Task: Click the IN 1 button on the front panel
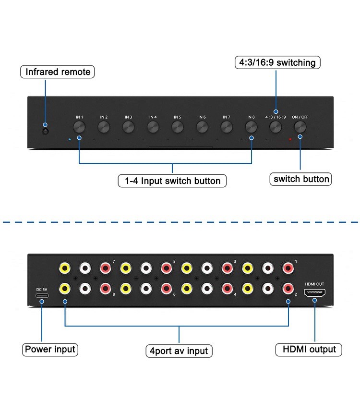click(x=79, y=127)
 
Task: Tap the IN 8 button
click(x=251, y=127)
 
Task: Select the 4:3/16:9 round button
click(x=276, y=127)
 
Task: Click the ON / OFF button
click(x=300, y=127)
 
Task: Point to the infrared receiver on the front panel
click(x=45, y=131)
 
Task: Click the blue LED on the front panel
click(x=70, y=140)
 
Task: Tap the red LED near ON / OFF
click(x=290, y=140)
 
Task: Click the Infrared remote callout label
click(x=58, y=72)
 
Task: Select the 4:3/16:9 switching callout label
click(x=277, y=62)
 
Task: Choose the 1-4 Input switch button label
click(x=172, y=181)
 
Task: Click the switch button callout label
click(x=301, y=179)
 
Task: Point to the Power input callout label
click(x=50, y=349)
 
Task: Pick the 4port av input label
click(x=179, y=351)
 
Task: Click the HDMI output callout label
click(x=309, y=349)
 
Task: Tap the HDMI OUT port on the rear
click(x=315, y=292)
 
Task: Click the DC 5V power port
click(x=42, y=297)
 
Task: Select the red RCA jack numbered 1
click(x=288, y=267)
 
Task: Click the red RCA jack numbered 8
click(x=105, y=288)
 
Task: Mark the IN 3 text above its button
click(x=128, y=117)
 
